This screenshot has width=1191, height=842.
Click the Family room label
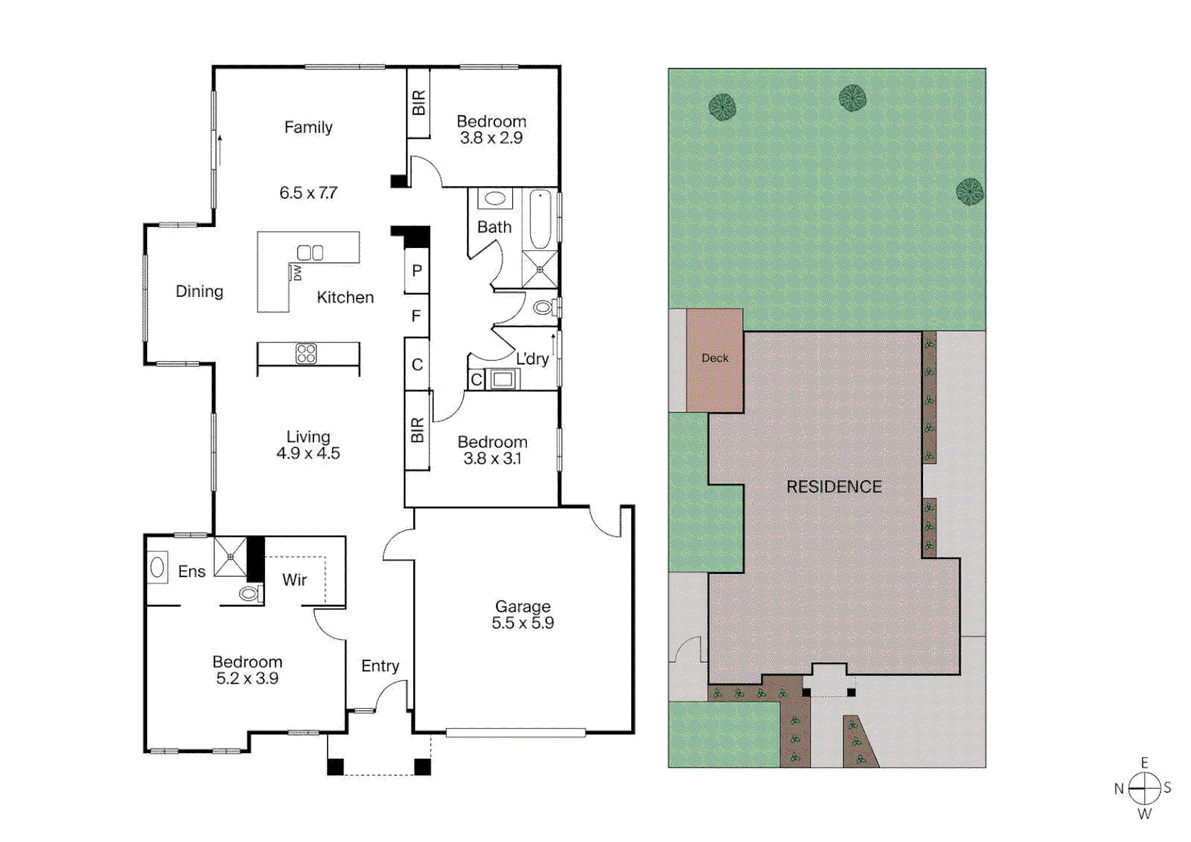[x=308, y=127]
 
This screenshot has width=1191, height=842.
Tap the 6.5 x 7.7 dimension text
[x=308, y=193]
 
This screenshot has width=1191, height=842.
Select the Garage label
[x=522, y=606]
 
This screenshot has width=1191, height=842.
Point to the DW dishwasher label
[x=297, y=273]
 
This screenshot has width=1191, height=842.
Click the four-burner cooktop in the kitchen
[x=306, y=354]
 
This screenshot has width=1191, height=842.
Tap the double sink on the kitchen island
[x=310, y=253]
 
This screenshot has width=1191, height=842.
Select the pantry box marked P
[x=417, y=271]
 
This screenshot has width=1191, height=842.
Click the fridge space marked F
[x=416, y=316]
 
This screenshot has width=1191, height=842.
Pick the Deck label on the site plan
[x=715, y=358]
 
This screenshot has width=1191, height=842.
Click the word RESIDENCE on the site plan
[x=833, y=486]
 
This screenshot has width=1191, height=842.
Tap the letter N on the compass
[x=1119, y=788]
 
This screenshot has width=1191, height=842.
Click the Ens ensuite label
[x=192, y=571]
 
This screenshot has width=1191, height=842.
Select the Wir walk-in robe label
[x=295, y=579]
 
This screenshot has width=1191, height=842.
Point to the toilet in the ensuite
[x=249, y=594]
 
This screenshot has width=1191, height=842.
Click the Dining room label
[x=199, y=291]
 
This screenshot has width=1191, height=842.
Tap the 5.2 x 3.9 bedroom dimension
[x=247, y=678]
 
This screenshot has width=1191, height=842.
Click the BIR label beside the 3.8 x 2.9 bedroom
[x=419, y=103]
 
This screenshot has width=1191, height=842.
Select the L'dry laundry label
[x=532, y=359]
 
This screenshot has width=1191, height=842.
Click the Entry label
[x=380, y=666]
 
